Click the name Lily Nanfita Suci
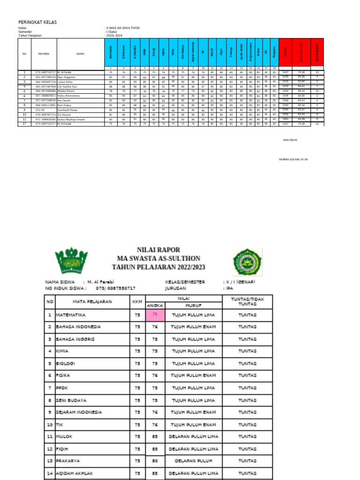(67, 87)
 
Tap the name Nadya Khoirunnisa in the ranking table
(68, 96)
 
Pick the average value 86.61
(301, 87)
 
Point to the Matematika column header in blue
(111, 53)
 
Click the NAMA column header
(81, 54)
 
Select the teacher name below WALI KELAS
(293, 160)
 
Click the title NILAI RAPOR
(158, 250)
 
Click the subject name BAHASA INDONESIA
(78, 327)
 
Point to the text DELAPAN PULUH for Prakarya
(194, 461)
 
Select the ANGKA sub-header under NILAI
(155, 305)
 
